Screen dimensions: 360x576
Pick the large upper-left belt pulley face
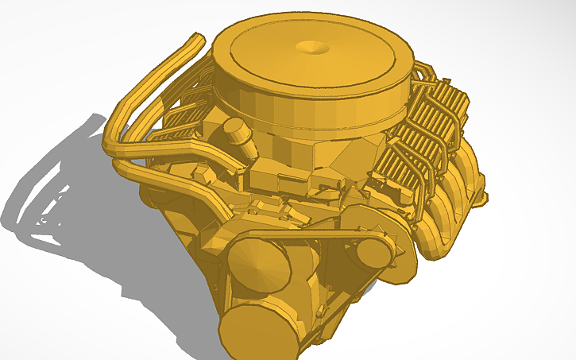(256, 266)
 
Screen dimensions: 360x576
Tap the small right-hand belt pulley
(372, 252)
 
